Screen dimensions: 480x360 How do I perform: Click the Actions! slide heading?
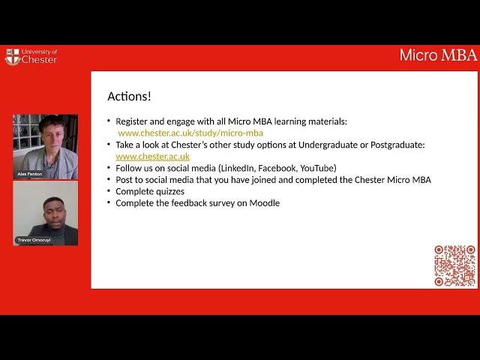click(129, 97)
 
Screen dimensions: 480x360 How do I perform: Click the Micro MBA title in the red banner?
click(438, 55)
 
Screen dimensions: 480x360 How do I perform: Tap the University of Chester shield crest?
click(13, 57)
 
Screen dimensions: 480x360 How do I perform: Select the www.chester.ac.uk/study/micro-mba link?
click(190, 133)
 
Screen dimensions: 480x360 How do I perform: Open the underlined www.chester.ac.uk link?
click(152, 157)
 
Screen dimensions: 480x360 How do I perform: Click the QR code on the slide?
click(454, 265)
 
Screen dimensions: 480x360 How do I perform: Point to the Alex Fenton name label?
click(30, 174)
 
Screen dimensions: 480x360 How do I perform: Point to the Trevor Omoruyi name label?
click(34, 240)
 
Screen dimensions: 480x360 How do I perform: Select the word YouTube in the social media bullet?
click(318, 168)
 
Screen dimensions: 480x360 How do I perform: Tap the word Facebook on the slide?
click(277, 168)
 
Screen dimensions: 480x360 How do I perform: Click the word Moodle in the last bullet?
click(265, 203)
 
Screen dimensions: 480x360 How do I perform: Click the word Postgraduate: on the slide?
click(397, 145)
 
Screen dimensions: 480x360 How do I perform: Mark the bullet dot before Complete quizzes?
click(109, 191)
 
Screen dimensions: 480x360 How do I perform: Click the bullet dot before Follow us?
click(109, 168)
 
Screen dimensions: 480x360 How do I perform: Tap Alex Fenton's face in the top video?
click(52, 136)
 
